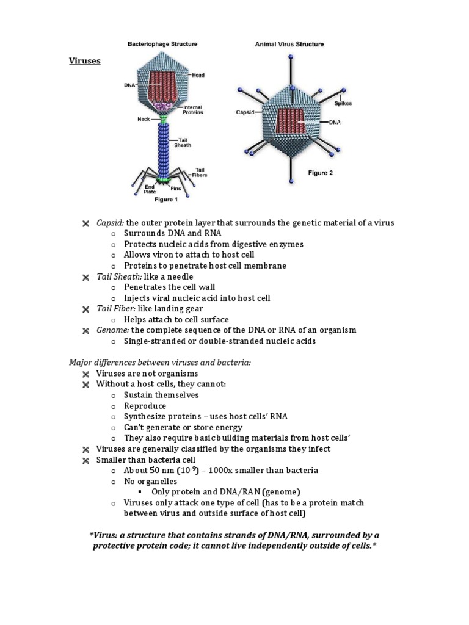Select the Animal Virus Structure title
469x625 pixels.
[x=289, y=45]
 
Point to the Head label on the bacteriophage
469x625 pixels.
[x=198, y=75]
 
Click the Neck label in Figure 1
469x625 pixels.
[x=144, y=120]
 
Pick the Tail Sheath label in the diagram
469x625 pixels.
[x=183, y=142]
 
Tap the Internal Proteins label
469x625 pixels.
[x=192, y=110]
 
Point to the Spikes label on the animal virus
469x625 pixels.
[x=343, y=103]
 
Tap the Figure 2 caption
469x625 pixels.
[x=320, y=173]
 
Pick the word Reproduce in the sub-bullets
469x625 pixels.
[x=145, y=406]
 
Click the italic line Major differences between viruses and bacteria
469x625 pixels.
[x=159, y=363]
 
